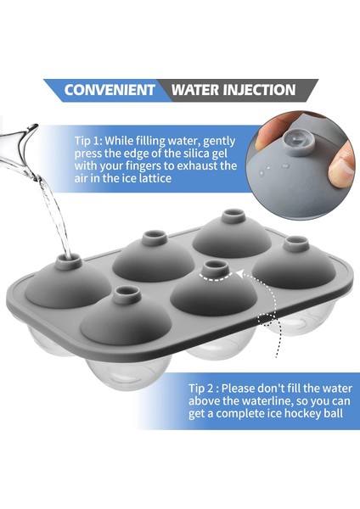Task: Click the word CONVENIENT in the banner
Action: click(110, 90)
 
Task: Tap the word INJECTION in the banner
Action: click(260, 90)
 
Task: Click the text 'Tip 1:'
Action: click(88, 141)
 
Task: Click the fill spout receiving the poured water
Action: click(68, 261)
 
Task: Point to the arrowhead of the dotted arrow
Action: click(239, 274)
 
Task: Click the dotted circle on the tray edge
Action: click(267, 320)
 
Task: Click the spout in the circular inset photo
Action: click(299, 143)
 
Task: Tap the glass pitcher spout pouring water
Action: click(20, 142)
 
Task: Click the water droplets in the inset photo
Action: click(273, 168)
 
